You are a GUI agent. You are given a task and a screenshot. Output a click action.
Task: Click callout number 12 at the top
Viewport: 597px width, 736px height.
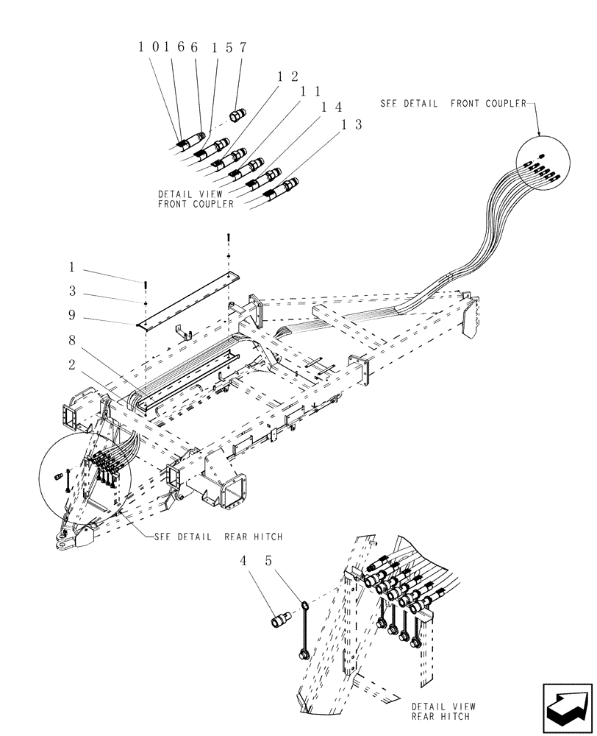tap(287, 77)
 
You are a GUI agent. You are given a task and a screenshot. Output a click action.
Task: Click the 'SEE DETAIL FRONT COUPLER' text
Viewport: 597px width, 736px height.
tap(453, 104)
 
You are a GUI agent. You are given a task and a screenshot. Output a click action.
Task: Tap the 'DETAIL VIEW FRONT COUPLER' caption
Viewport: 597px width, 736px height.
tap(196, 199)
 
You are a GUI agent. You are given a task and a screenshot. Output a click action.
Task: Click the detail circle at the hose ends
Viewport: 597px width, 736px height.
tap(543, 166)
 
